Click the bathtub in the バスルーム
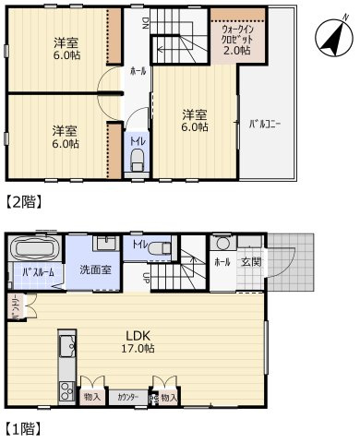pos(34,249)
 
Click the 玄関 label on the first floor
pos(251,262)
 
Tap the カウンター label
pos(128,397)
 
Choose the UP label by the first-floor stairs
pos(148,276)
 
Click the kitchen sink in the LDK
pos(65,349)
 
